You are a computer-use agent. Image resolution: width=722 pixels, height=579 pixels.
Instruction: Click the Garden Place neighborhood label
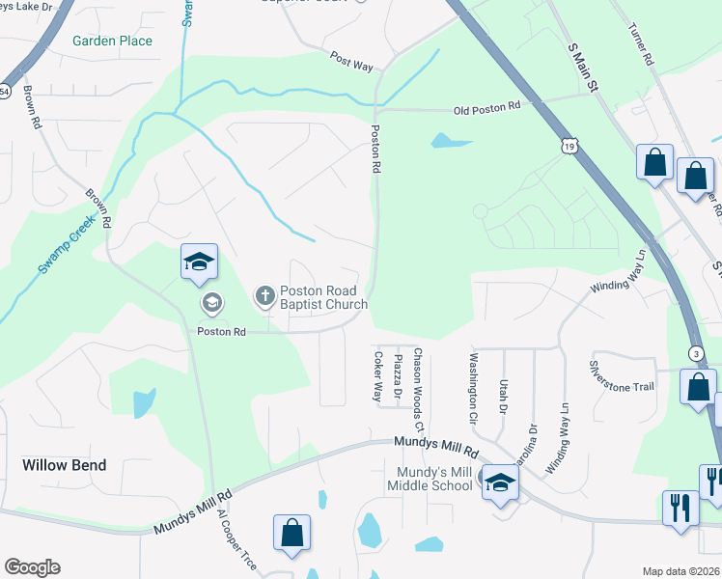point(112,41)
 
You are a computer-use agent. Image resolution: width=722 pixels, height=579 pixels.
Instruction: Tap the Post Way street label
point(351,60)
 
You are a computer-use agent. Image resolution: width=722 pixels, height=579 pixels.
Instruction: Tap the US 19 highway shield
point(570,146)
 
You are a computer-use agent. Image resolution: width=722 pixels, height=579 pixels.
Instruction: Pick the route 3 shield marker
point(697,354)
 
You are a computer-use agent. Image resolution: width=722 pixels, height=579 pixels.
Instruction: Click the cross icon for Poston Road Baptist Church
point(264,295)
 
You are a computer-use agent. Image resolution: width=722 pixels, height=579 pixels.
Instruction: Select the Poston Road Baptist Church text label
point(323,297)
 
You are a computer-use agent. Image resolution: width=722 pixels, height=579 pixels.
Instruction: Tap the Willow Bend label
point(64,465)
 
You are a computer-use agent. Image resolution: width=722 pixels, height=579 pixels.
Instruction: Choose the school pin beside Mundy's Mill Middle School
point(499,483)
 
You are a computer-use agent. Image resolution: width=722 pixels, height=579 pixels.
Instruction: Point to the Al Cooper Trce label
point(237,541)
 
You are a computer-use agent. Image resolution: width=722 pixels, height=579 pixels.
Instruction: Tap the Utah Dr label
point(503,396)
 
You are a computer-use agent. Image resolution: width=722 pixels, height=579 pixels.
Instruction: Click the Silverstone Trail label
point(623,375)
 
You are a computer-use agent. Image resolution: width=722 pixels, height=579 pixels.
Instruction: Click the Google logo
point(33,566)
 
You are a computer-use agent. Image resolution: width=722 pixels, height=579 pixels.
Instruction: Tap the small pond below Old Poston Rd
point(445,141)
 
